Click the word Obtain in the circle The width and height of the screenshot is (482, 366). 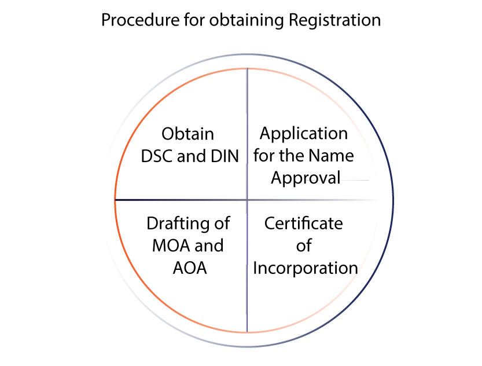pos(187,134)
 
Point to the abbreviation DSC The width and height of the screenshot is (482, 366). pos(157,156)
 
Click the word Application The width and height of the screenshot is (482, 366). pos(303,134)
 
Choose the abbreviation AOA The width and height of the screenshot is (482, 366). pos(188,268)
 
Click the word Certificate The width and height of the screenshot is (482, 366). pos(303,224)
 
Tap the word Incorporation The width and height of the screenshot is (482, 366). pos(305,268)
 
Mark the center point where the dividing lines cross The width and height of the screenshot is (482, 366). pos(247,200)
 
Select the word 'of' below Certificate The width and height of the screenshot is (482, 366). pos(304,246)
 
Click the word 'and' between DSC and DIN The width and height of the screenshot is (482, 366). pos(192,156)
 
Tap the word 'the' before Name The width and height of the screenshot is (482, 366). pos(293,156)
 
